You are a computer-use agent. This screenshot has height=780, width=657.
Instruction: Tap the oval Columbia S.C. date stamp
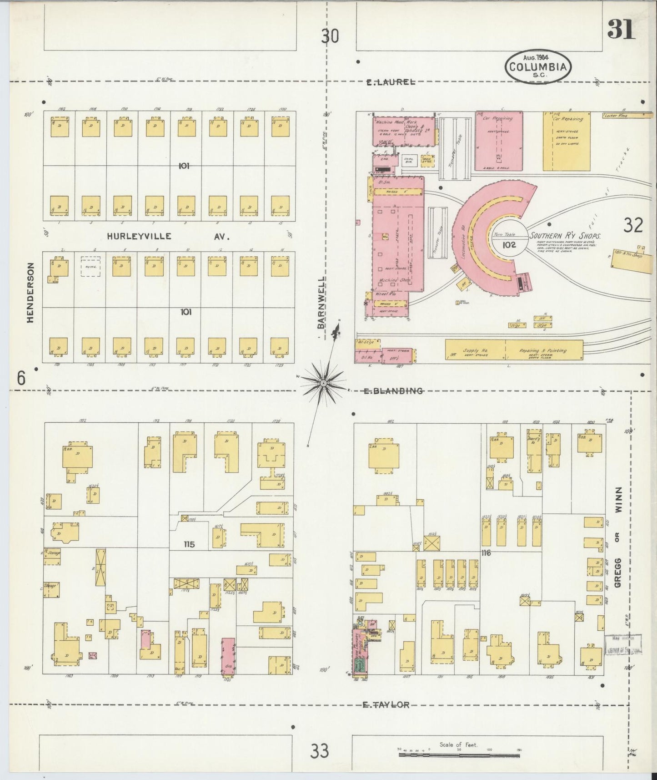point(538,67)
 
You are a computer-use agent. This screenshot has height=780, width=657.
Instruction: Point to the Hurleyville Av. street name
point(169,237)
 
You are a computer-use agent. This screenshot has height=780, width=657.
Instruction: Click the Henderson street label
point(31,293)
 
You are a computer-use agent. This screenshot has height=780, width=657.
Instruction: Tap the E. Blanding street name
point(393,391)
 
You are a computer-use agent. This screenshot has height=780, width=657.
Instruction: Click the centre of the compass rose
point(323,384)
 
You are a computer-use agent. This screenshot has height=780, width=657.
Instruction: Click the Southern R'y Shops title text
point(565,237)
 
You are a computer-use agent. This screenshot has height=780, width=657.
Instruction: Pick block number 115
point(189,544)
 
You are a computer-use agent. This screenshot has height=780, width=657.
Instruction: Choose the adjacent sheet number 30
point(330,35)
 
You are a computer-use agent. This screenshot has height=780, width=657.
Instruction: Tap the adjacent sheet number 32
point(633,225)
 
